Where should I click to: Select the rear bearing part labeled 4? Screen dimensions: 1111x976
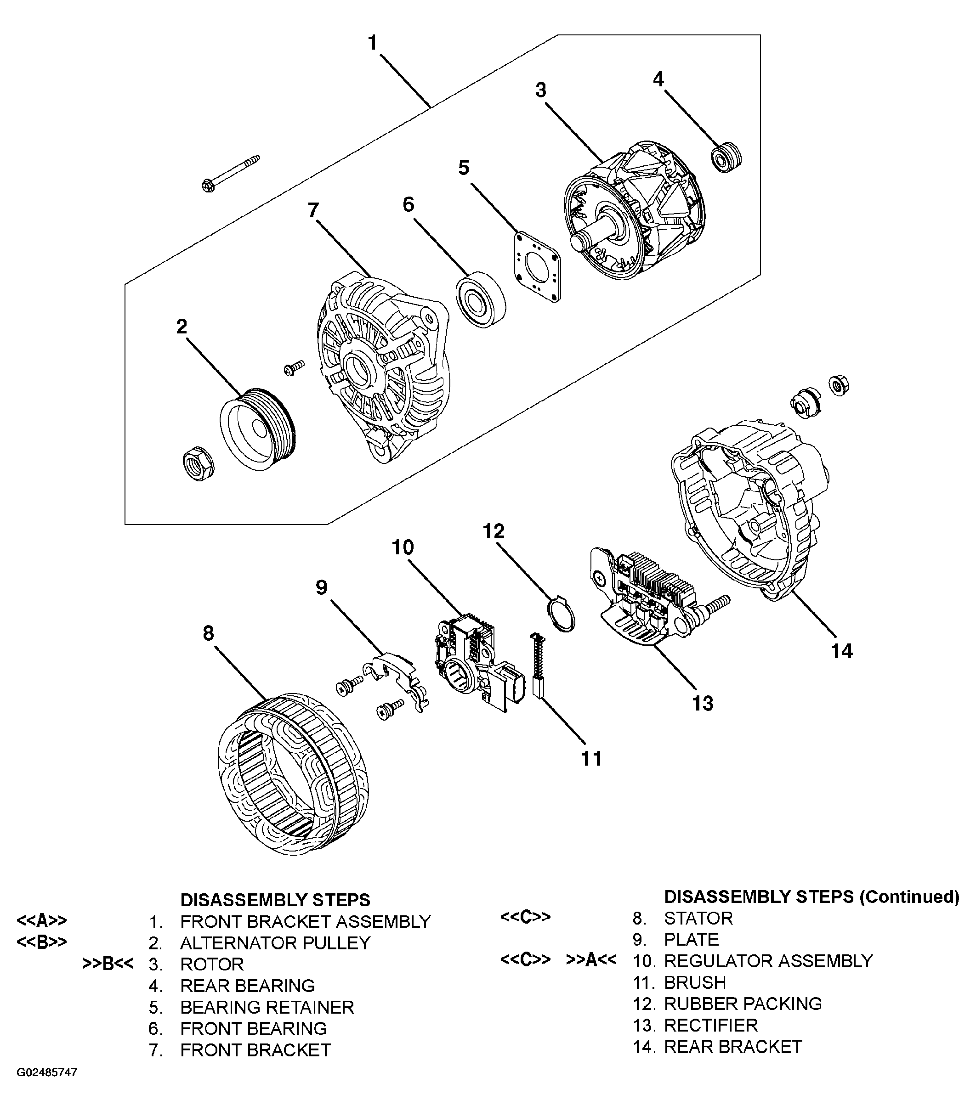(726, 157)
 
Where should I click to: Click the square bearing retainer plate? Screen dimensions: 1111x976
(537, 266)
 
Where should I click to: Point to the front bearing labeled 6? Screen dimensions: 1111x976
(481, 299)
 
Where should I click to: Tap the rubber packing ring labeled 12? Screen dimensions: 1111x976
(561, 615)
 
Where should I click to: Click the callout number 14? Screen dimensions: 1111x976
(842, 651)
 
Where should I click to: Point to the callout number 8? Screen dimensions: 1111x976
(208, 633)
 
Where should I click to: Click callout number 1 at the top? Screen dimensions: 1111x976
(373, 42)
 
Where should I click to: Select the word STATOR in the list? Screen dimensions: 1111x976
(698, 918)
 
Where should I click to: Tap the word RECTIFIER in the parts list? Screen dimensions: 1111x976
(711, 1025)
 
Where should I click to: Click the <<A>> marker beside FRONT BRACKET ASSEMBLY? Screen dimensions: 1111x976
(42, 921)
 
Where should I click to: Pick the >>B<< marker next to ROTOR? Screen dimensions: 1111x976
(108, 964)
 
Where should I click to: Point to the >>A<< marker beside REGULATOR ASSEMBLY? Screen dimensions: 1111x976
(591, 960)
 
